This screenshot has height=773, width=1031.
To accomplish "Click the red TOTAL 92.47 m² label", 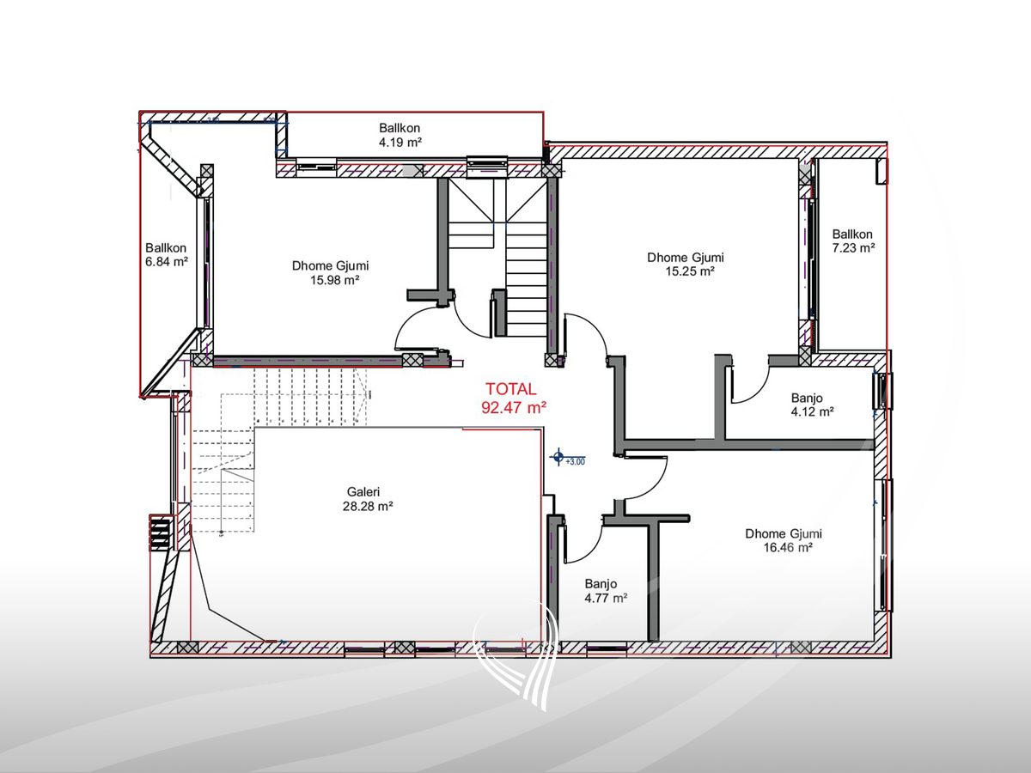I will [513, 399].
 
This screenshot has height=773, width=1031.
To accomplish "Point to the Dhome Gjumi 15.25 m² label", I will [685, 264].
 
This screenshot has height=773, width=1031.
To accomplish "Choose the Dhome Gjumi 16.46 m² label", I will [778, 540].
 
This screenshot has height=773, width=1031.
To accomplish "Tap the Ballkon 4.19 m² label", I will [400, 135].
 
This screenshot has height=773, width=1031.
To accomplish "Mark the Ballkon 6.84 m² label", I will [166, 253].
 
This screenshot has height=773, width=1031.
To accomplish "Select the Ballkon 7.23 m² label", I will [852, 240].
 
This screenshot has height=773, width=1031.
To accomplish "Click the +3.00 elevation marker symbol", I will [559, 456].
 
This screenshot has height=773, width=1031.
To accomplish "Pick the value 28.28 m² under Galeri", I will [367, 507].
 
